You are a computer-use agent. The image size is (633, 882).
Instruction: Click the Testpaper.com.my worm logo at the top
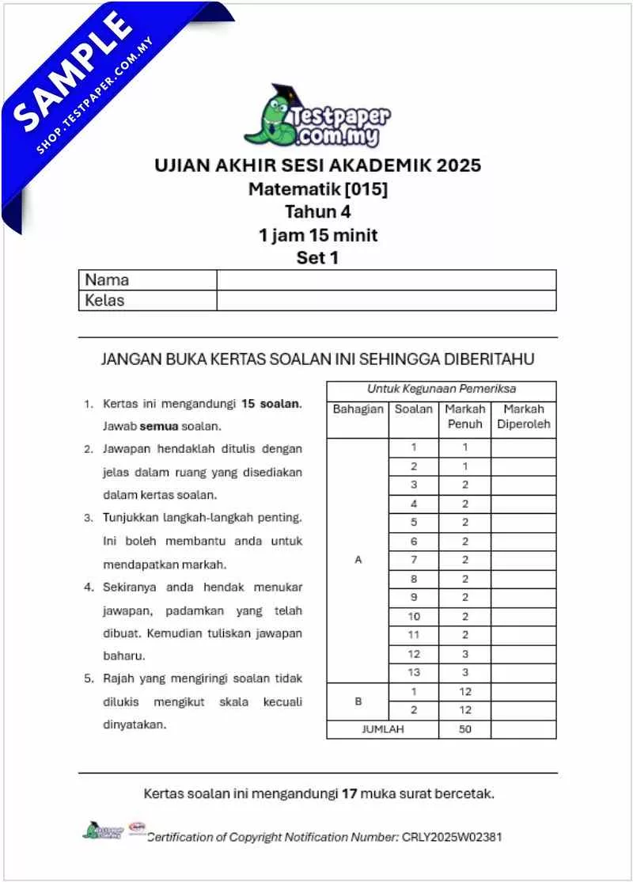pos(316,117)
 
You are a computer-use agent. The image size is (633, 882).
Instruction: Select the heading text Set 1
pos(317,257)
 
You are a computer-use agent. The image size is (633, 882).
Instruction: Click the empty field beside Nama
pos(386,280)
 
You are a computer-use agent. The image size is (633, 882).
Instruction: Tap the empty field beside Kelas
pos(386,301)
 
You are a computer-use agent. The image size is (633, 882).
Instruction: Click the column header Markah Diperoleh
pos(523,417)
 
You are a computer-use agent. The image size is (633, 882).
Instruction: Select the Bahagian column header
pos(358,409)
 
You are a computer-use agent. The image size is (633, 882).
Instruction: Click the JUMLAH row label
pos(382,729)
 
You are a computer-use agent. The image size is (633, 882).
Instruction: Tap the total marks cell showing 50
pos(464,729)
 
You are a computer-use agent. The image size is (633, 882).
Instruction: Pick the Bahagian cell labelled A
pos(358,560)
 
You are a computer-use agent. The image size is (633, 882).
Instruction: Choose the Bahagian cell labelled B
pos(358,701)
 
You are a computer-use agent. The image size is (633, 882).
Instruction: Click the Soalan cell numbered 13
pos(413,672)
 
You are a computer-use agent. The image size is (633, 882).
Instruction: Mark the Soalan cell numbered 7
pos(413,560)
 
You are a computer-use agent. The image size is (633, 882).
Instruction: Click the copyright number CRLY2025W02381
pos(452,837)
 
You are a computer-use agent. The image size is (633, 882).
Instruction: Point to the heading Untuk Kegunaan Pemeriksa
pos(441,390)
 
